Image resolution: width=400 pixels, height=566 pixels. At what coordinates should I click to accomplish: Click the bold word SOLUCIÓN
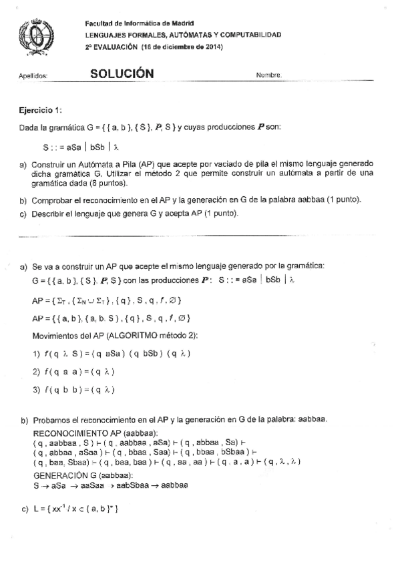pos(122,74)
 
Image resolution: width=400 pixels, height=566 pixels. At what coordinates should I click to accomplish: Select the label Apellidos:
pos(33,76)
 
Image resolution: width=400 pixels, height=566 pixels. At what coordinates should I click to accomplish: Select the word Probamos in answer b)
pos(48,418)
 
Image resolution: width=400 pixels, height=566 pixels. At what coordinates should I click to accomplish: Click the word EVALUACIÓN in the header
pos(116,47)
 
